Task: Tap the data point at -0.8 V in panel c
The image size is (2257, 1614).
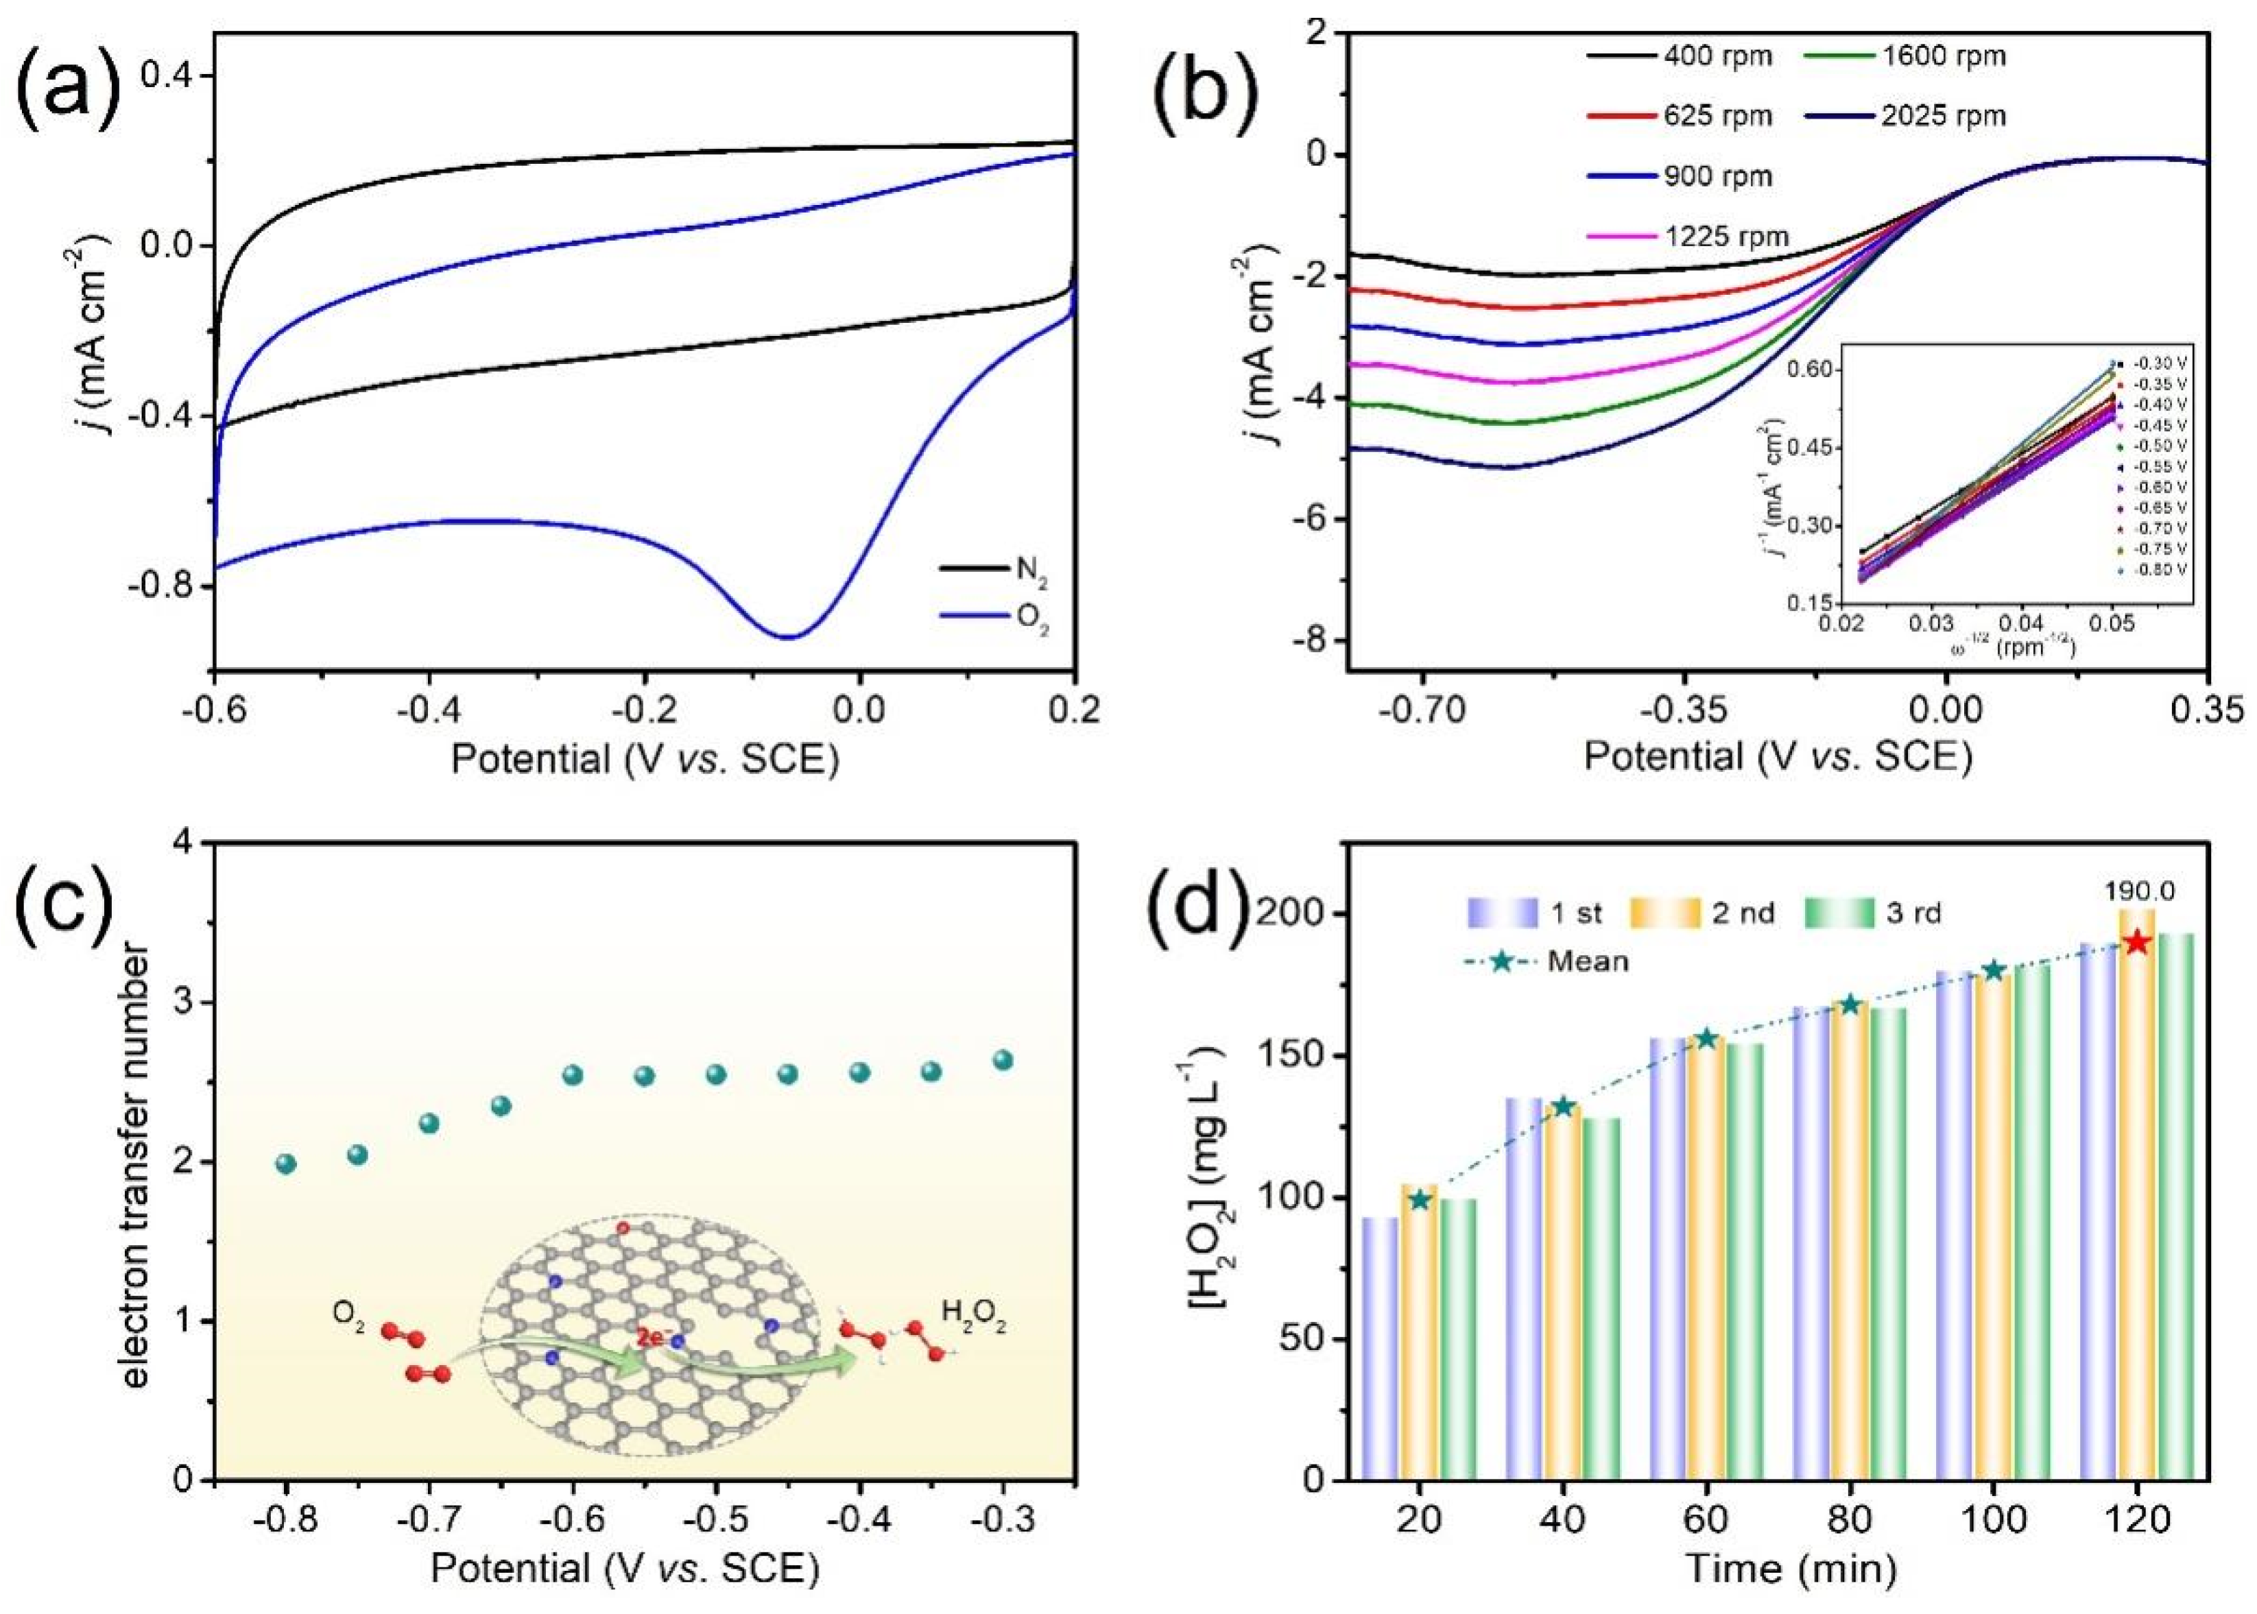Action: click(286, 1164)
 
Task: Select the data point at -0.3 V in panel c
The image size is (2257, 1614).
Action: click(1003, 1061)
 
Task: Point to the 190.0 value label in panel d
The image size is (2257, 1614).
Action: click(2135, 891)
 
